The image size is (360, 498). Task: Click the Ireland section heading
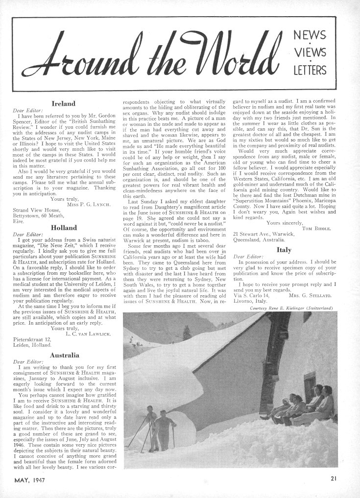pos(63,104)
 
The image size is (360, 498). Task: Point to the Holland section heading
pos(63,228)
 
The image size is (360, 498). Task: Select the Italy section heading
pos(284,249)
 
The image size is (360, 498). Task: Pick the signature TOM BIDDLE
pos(317,228)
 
